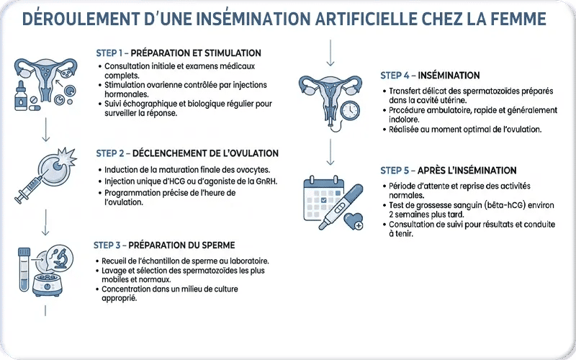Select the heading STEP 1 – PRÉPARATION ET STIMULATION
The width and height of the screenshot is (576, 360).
(x=179, y=53)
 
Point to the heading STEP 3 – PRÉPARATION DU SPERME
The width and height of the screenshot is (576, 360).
(x=165, y=245)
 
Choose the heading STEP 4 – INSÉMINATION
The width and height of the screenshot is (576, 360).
(x=430, y=76)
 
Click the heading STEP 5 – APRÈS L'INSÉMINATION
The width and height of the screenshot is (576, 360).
(x=448, y=171)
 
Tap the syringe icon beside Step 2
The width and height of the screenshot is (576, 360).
(x=29, y=189)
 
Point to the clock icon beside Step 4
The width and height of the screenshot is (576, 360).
(x=350, y=110)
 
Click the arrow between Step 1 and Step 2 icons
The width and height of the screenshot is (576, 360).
(x=45, y=130)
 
